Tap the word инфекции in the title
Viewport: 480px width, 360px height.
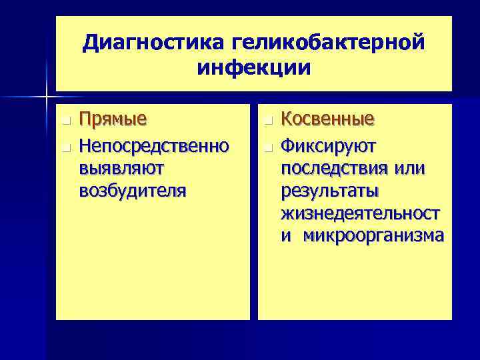pyautogui.click(x=254, y=67)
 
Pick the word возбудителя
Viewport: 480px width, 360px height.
pyautogui.click(x=133, y=191)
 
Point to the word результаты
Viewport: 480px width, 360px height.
pyautogui.click(x=329, y=191)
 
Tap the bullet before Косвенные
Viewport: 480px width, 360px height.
pyautogui.click(x=267, y=121)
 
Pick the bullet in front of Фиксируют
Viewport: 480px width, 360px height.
pyautogui.click(x=267, y=145)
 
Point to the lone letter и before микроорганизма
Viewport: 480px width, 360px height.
pyautogui.click(x=286, y=237)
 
